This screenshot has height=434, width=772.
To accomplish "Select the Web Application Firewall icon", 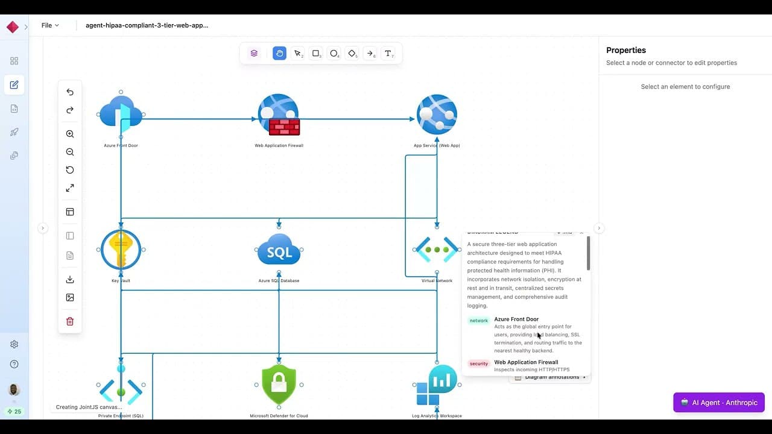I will (x=279, y=115).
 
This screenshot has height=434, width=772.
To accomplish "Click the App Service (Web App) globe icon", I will (x=437, y=114).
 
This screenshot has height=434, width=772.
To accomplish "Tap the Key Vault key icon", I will (x=121, y=250).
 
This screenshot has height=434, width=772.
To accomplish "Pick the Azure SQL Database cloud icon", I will (x=279, y=250).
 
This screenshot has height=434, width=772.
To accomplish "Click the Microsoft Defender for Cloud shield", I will (x=279, y=384).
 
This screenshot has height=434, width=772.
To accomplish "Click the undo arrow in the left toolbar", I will (x=70, y=92).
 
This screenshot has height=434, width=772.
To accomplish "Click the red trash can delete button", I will (x=70, y=321).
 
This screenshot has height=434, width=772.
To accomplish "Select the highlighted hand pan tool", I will (x=279, y=53).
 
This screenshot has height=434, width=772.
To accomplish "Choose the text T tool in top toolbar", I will (x=388, y=53).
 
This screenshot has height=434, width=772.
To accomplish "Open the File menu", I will (x=50, y=25).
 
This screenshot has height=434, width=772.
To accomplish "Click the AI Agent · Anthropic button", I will (x=719, y=403).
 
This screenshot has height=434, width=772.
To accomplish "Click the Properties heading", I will (x=626, y=50).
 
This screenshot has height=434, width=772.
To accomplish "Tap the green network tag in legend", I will (x=479, y=321).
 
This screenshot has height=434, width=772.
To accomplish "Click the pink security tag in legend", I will (x=479, y=363).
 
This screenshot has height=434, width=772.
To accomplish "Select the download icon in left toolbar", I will (x=70, y=279).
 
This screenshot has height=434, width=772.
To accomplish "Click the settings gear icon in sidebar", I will (x=14, y=344).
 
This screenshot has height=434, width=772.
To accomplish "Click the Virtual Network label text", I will (x=437, y=281).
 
